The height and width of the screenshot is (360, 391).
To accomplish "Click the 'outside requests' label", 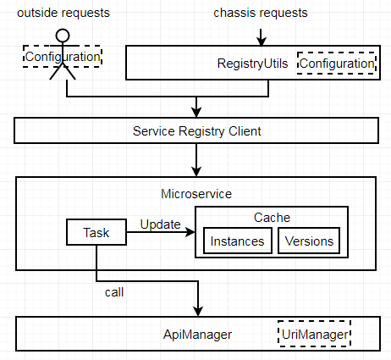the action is [63, 13].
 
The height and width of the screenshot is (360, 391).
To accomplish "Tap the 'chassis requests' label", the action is [261, 13].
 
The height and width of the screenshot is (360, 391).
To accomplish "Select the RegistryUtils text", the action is [252, 64].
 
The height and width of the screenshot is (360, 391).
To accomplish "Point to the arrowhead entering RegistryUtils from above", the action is [262, 42].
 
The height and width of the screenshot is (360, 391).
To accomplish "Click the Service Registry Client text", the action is [197, 131].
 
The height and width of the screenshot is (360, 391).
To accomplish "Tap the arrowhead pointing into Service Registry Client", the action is [196, 113].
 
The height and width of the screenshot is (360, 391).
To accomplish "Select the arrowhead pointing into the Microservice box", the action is [196, 172].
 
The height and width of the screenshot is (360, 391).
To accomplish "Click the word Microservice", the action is [196, 194].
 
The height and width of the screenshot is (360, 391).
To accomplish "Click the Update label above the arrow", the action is [161, 224].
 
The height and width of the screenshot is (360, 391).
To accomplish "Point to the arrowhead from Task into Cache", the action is [190, 232].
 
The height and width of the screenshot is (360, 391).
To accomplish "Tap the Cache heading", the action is [272, 218].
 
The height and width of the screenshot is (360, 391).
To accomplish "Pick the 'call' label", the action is [114, 292].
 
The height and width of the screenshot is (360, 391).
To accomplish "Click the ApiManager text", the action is [197, 335].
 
